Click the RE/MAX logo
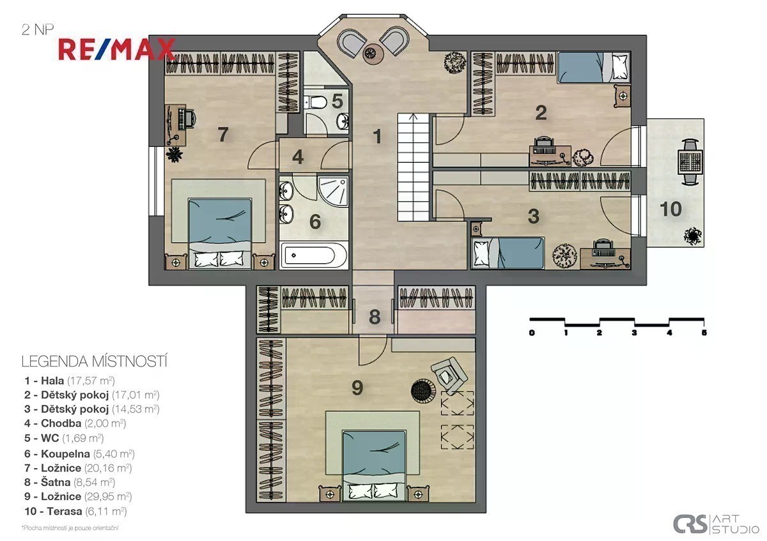tap(117, 50)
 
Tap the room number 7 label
tap(223, 135)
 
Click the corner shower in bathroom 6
tap(333, 192)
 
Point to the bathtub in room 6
tap(313, 255)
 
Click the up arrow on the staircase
tap(414, 118)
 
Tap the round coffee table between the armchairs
tap(371, 54)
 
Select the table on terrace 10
tap(690, 162)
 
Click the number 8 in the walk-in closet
tap(375, 317)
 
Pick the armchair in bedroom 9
tap(449, 376)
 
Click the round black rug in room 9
tap(423, 391)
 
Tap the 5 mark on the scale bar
tap(704, 333)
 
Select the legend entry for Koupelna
tap(79, 453)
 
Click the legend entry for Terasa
tap(75, 511)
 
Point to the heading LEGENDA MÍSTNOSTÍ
tap(95, 362)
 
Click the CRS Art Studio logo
tap(716, 524)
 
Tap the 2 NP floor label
tap(38, 30)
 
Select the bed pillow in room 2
tap(620, 67)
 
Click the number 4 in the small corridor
tap(298, 157)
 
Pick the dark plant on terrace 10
tap(693, 236)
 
